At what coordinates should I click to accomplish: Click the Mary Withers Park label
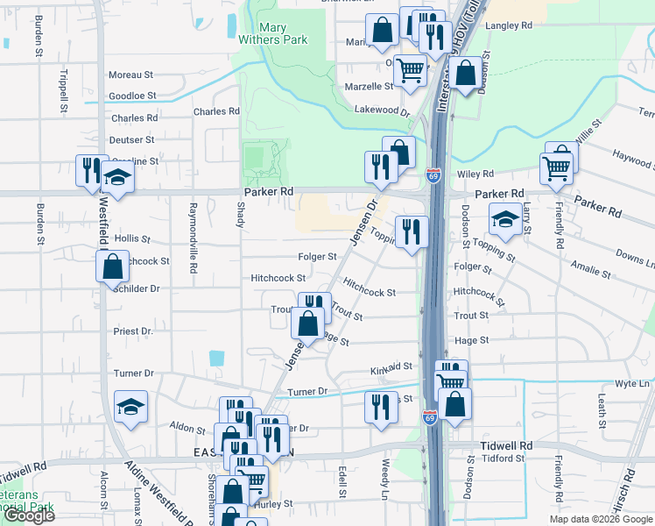point(273,33)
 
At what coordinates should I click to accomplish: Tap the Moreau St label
point(131,75)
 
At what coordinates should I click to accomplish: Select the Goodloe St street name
point(132,96)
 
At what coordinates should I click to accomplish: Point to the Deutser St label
point(132,139)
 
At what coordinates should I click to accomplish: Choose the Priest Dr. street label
point(133,331)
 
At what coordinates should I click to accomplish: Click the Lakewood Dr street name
point(382,110)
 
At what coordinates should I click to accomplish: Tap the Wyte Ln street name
point(631,384)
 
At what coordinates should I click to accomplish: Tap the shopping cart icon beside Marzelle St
point(410,70)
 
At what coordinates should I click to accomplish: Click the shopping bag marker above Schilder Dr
point(113,266)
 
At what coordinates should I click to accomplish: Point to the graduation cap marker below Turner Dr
point(130,407)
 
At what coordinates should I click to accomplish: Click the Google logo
point(30,515)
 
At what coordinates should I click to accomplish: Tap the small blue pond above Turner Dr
point(216,358)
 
